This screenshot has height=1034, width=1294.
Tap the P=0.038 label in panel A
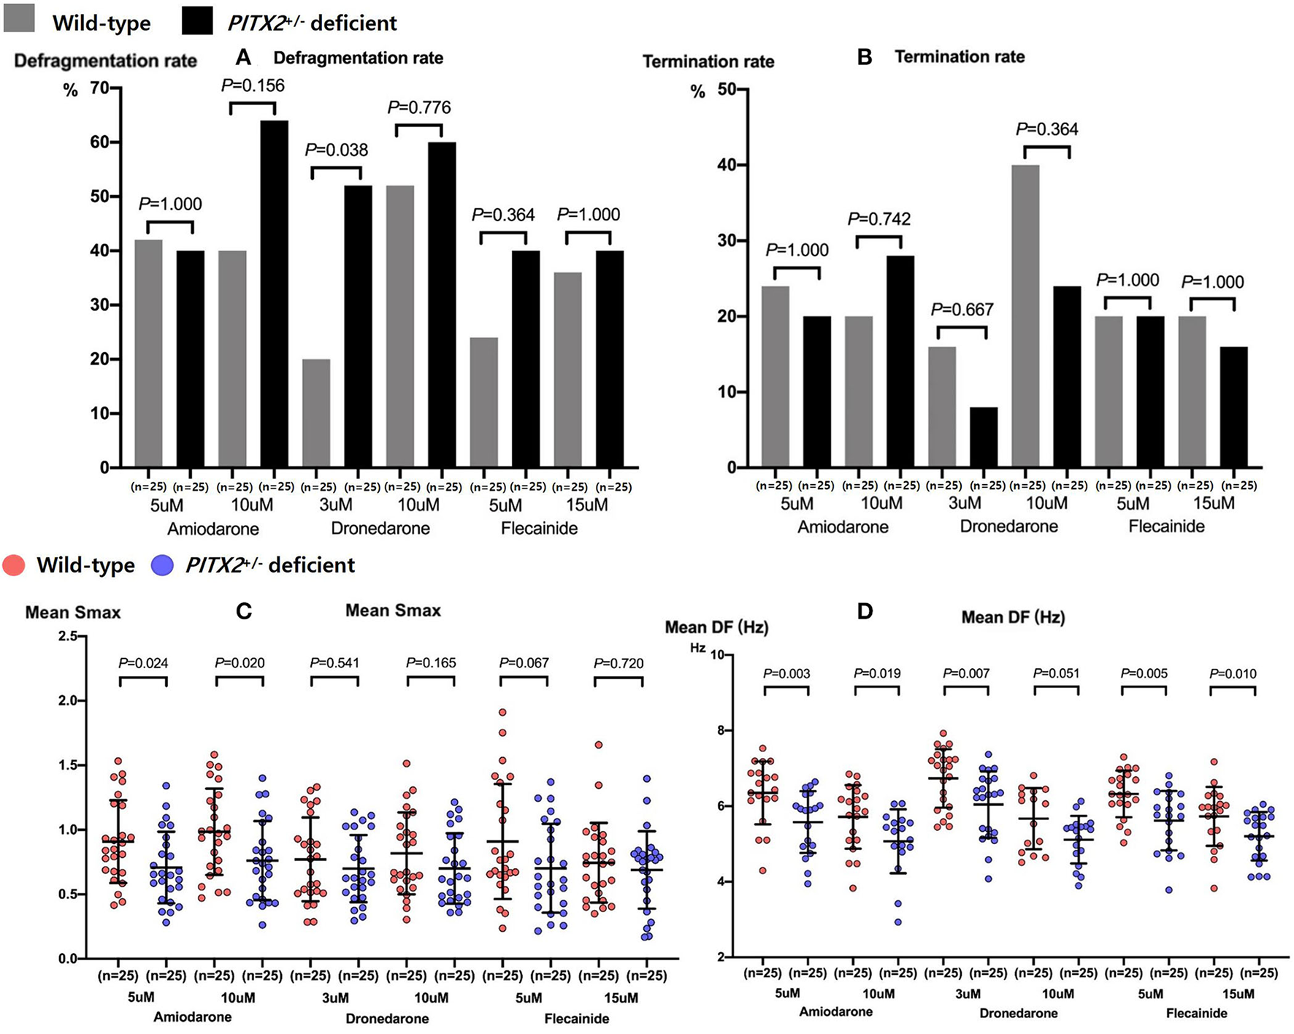point(337,150)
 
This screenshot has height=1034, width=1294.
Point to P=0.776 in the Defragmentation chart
point(419,108)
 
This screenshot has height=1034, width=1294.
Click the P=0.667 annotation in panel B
point(962,310)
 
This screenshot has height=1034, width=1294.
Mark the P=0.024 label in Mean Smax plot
point(143,663)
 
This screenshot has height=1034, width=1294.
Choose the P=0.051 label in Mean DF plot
point(1056,673)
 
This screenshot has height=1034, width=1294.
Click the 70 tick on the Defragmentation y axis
point(99,89)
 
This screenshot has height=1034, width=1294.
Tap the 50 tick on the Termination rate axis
point(727,90)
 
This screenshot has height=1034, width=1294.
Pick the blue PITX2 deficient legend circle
point(162,565)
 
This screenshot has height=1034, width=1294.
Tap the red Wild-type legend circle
point(14,565)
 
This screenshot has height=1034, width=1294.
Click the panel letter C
point(244,610)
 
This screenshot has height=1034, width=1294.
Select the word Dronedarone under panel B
point(1008,526)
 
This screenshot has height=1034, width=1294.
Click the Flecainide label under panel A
point(539,528)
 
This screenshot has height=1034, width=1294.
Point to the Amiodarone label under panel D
point(835,1012)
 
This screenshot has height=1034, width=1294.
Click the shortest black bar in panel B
point(984,437)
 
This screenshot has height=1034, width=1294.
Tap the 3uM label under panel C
point(335,997)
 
